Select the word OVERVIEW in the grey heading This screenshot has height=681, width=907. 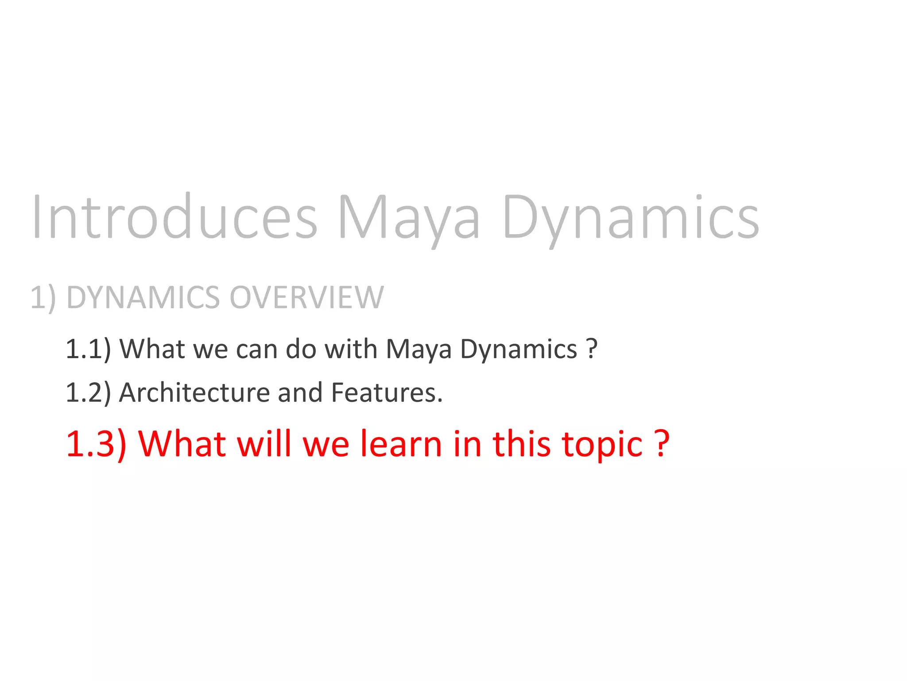tap(306, 297)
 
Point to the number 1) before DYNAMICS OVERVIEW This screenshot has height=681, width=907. tap(43, 298)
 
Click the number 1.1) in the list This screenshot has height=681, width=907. tap(88, 349)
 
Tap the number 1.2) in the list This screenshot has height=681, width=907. tap(88, 393)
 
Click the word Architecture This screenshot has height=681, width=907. tap(194, 393)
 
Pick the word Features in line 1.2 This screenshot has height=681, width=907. tap(386, 393)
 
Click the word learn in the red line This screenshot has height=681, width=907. tap(401, 444)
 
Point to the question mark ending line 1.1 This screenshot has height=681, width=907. tap(592, 349)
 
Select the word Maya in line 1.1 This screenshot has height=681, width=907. tap(418, 349)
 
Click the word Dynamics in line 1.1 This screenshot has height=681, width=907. tap(519, 349)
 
